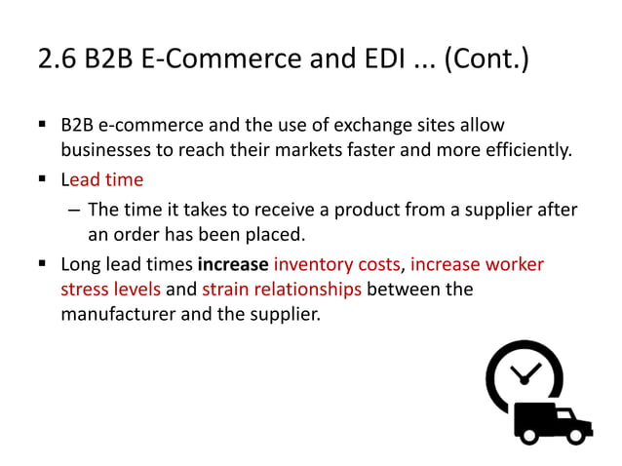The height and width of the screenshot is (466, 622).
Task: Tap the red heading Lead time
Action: click(101, 180)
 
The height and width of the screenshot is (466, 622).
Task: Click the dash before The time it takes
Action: click(73, 210)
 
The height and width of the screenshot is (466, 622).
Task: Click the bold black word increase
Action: click(233, 264)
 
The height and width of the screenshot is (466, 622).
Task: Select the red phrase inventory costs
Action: click(336, 264)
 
